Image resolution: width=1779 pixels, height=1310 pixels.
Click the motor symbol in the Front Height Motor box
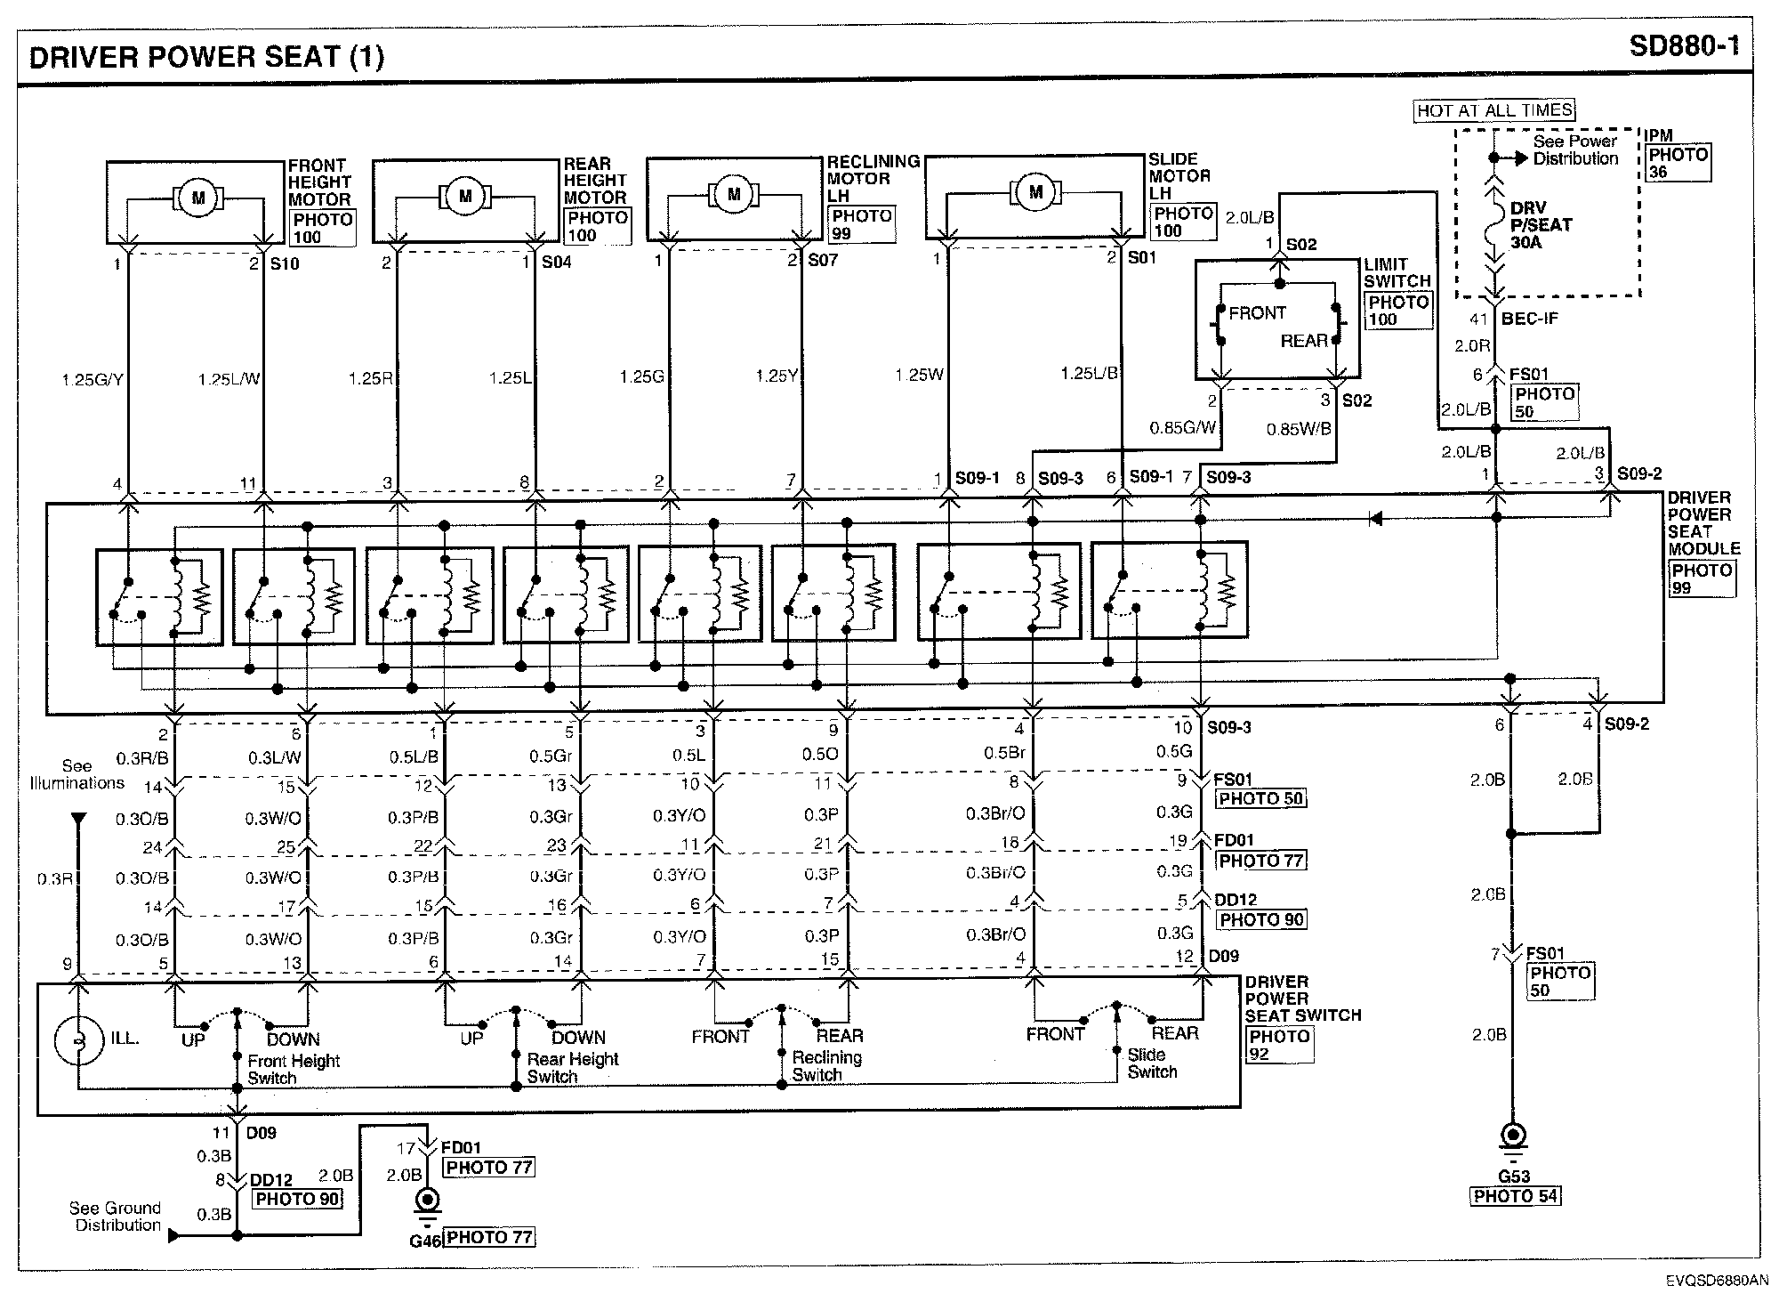pos(197,198)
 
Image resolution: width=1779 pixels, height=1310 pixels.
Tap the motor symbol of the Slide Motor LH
pos(1034,191)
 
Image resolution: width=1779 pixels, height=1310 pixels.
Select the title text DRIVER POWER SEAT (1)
pos(206,57)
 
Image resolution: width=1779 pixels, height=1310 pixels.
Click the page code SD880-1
pos(1683,46)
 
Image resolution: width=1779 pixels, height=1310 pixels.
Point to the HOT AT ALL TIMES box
pos(1494,110)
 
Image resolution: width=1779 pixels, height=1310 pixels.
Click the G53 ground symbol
pos(1513,1138)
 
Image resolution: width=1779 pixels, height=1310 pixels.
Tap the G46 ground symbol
pos(428,1201)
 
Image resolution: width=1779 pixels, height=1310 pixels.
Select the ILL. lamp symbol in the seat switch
pos(78,1040)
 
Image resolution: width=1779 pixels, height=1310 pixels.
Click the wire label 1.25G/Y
pos(92,380)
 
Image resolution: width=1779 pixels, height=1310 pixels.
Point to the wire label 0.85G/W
pos(1182,428)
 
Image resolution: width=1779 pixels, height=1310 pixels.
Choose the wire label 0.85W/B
pos(1299,429)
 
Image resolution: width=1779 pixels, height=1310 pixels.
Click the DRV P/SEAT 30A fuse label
pos(1541,225)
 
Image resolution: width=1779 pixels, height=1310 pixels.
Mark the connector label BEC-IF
pos(1530,319)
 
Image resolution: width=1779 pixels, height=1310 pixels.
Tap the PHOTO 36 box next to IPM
pos(1678,163)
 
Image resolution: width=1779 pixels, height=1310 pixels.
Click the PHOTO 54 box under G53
pos(1516,1197)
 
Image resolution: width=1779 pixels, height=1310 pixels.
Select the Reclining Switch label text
pos(826,1066)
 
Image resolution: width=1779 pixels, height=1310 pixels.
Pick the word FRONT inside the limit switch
pos(1257,313)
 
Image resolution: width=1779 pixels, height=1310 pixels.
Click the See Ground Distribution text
pos(117,1217)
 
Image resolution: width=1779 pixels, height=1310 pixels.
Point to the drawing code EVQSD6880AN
pos(1717,1281)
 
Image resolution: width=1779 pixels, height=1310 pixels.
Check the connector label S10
pos(285,264)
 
